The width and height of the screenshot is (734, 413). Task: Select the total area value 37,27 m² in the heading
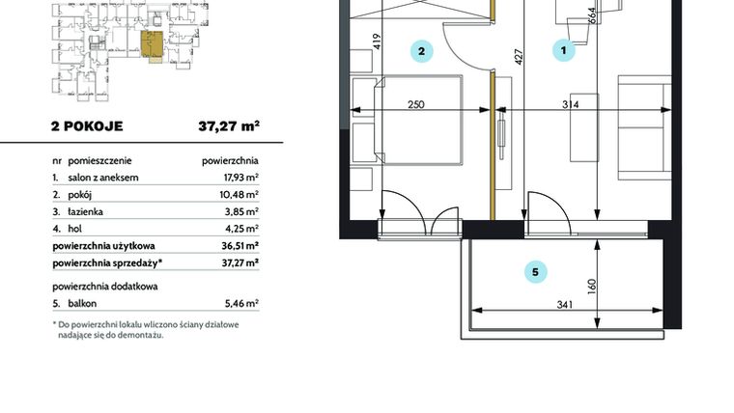coord(230,125)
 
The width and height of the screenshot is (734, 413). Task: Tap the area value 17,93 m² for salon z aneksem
coord(237,179)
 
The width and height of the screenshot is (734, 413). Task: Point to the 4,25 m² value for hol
coord(240,229)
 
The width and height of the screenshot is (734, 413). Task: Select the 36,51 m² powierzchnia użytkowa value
coord(237,245)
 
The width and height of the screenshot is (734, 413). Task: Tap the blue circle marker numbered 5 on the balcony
coord(534,272)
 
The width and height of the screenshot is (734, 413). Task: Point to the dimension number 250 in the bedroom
coord(417,106)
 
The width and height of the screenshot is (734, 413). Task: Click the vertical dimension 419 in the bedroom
coord(377,41)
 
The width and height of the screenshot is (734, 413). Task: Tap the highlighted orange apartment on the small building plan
coord(152,44)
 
